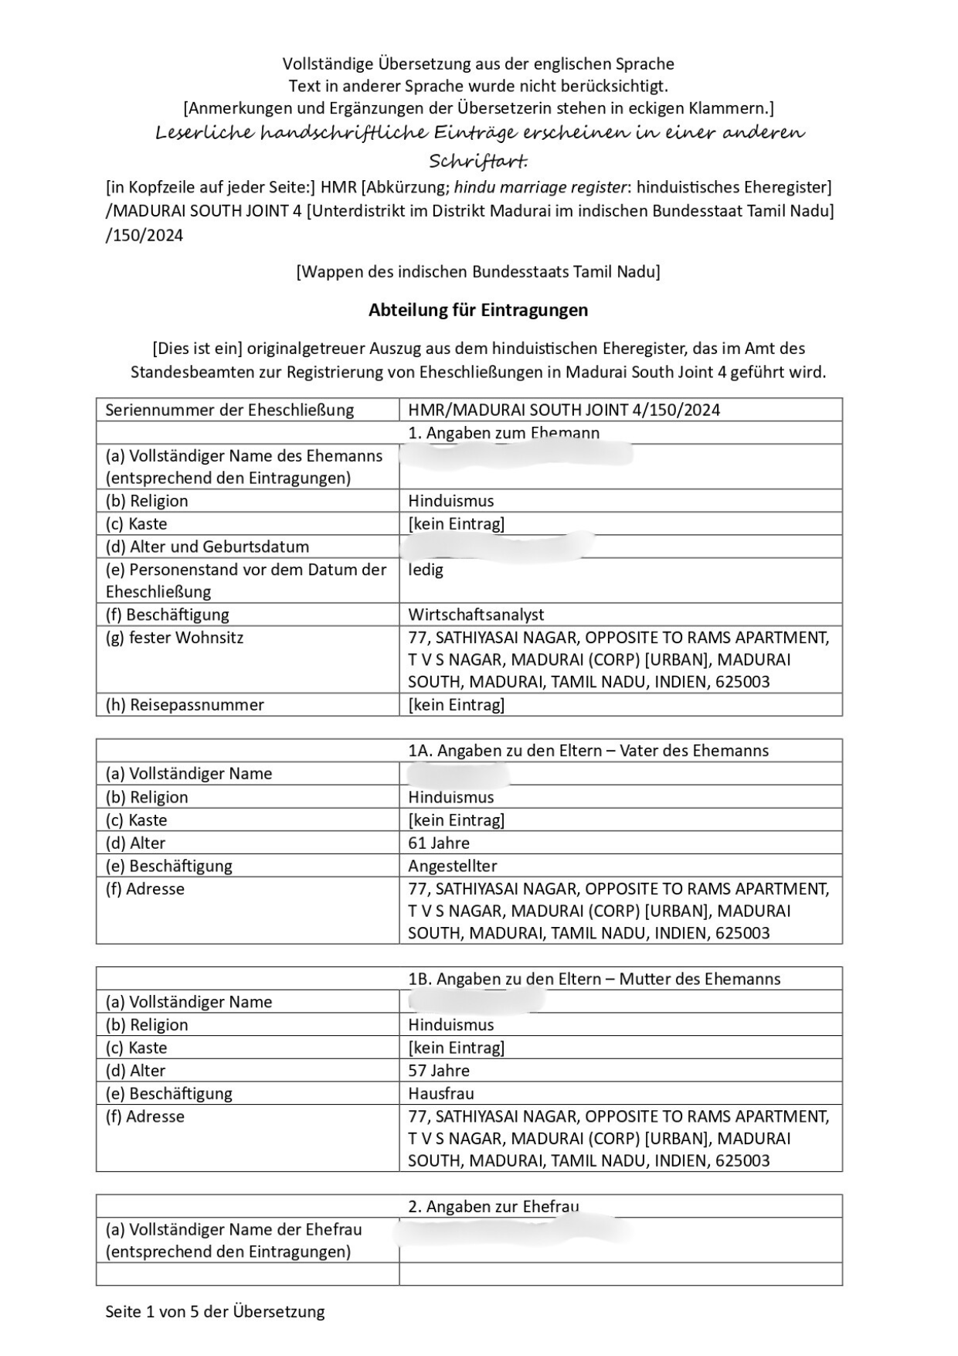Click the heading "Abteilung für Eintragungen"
point(478,310)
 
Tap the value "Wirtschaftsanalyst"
point(476,615)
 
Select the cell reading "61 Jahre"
point(439,843)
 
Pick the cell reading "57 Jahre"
point(439,1071)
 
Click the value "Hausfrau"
point(441,1093)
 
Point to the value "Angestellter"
point(453,866)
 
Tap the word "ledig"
point(426,570)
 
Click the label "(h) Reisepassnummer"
point(185,705)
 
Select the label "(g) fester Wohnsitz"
point(175,638)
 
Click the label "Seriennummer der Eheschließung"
point(229,410)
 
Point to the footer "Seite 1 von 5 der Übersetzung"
point(215,1312)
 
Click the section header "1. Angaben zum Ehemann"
point(504,433)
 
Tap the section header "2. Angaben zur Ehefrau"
point(494,1207)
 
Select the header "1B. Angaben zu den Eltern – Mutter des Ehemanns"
point(594,979)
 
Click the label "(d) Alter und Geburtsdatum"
point(207,547)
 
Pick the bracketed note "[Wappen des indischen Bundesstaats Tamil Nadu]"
point(478,272)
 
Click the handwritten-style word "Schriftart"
point(477,162)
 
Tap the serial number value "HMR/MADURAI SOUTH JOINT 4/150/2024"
point(564,410)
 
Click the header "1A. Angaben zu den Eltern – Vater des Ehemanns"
point(588,751)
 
